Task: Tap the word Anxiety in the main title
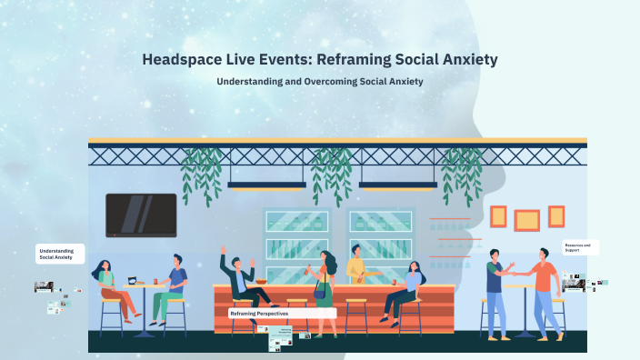point(465,60)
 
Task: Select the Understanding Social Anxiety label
point(60,254)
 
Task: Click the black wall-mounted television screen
point(141,215)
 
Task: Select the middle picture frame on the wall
point(526,219)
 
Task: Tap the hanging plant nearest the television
point(200,173)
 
